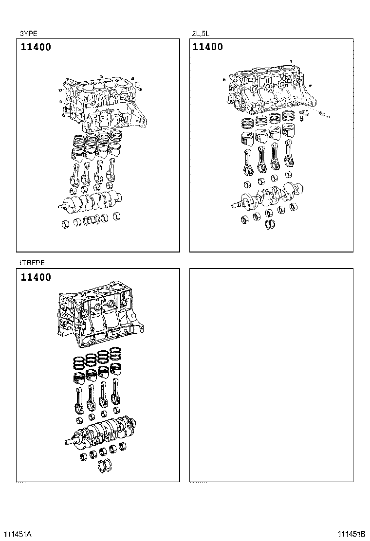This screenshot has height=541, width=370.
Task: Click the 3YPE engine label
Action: pos(28,34)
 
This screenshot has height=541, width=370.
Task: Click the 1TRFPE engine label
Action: pos(32,263)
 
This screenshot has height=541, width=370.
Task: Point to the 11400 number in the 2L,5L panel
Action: pos(208,47)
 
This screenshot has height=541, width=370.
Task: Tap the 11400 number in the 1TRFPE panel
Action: pos(36,278)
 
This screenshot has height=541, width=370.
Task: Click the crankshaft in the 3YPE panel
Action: pos(92,200)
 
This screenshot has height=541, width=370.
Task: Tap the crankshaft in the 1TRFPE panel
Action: pos(102,431)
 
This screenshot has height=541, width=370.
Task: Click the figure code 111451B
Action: pos(352,534)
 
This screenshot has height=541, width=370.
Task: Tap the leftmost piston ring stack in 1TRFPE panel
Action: pos(78,362)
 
